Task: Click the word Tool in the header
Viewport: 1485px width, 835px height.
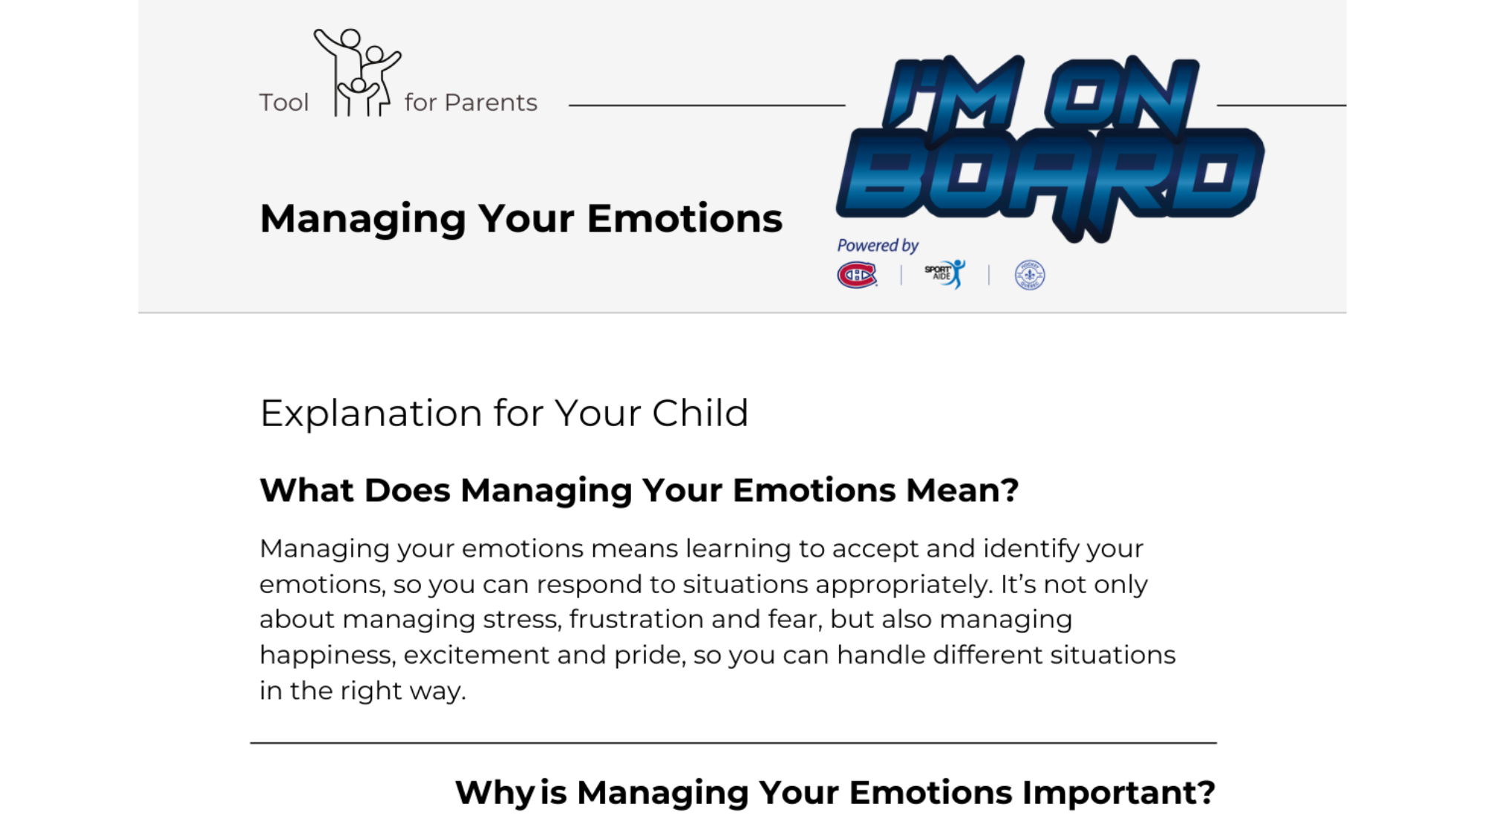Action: (284, 102)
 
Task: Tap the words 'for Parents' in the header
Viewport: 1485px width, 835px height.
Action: (471, 102)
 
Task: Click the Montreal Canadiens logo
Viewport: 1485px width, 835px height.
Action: (857, 275)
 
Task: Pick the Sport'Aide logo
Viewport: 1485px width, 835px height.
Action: (944, 274)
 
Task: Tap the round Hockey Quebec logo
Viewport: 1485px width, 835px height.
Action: (1030, 275)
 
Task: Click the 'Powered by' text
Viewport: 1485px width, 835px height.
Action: (878, 245)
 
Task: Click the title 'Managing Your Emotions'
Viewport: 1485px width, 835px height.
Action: (521, 220)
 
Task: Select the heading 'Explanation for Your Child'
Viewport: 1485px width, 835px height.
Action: (504, 413)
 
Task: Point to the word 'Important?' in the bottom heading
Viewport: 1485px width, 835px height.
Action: (1119, 793)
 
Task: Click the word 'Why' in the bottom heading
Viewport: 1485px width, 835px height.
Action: (495, 793)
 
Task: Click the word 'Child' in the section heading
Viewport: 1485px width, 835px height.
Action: (700, 413)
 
